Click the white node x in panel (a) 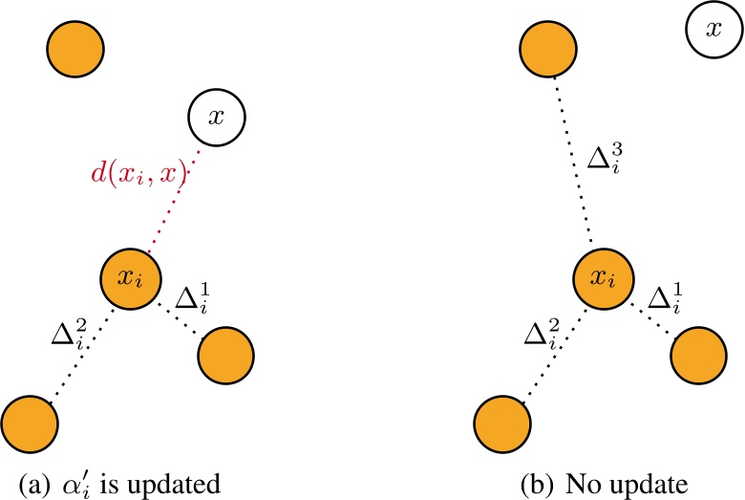tap(217, 118)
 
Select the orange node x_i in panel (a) tap(130, 278)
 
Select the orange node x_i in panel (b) tap(601, 278)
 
